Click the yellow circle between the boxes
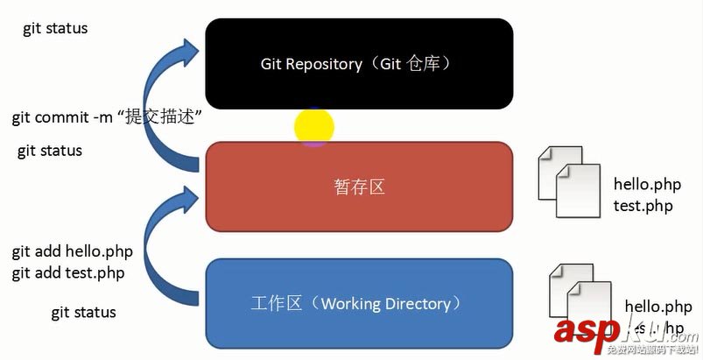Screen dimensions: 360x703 pos(313,127)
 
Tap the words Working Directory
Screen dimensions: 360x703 pos(386,304)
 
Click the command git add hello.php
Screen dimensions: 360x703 pos(72,252)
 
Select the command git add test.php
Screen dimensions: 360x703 pos(68,272)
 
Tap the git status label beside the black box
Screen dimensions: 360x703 pos(55,29)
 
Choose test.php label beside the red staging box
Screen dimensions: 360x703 pos(643,206)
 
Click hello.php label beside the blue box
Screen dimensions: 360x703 pos(658,307)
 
